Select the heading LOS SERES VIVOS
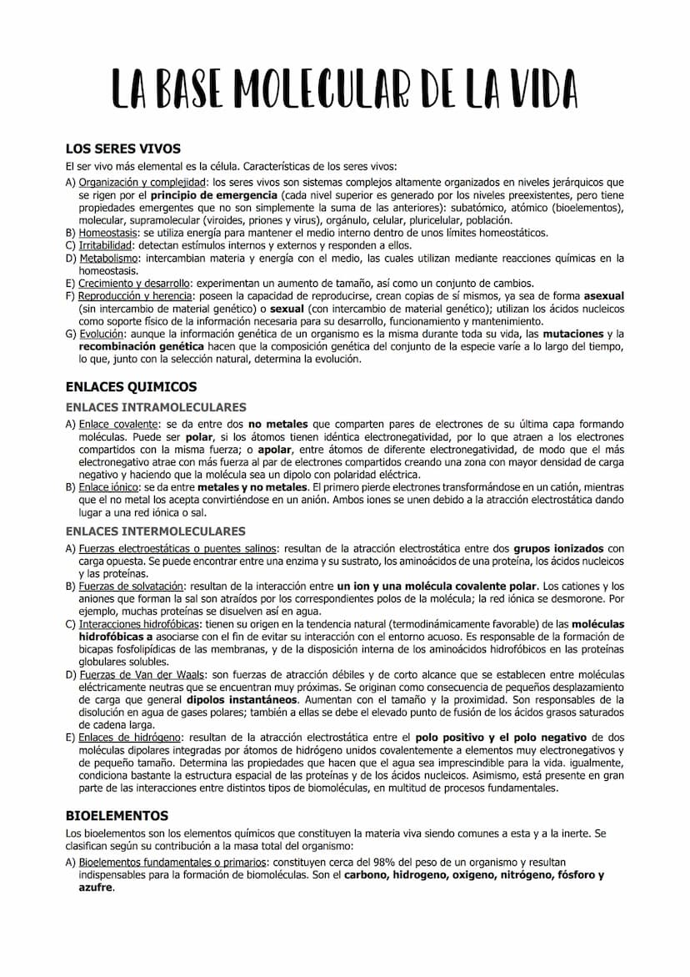click(122, 149)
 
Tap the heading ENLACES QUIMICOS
click(131, 387)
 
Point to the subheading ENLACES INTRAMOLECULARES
click(156, 408)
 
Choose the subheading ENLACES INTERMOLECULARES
click(156, 531)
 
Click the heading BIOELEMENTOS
click(117, 816)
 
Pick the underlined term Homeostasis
click(108, 233)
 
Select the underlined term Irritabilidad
click(106, 246)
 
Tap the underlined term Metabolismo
click(108, 259)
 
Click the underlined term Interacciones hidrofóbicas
click(138, 624)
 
